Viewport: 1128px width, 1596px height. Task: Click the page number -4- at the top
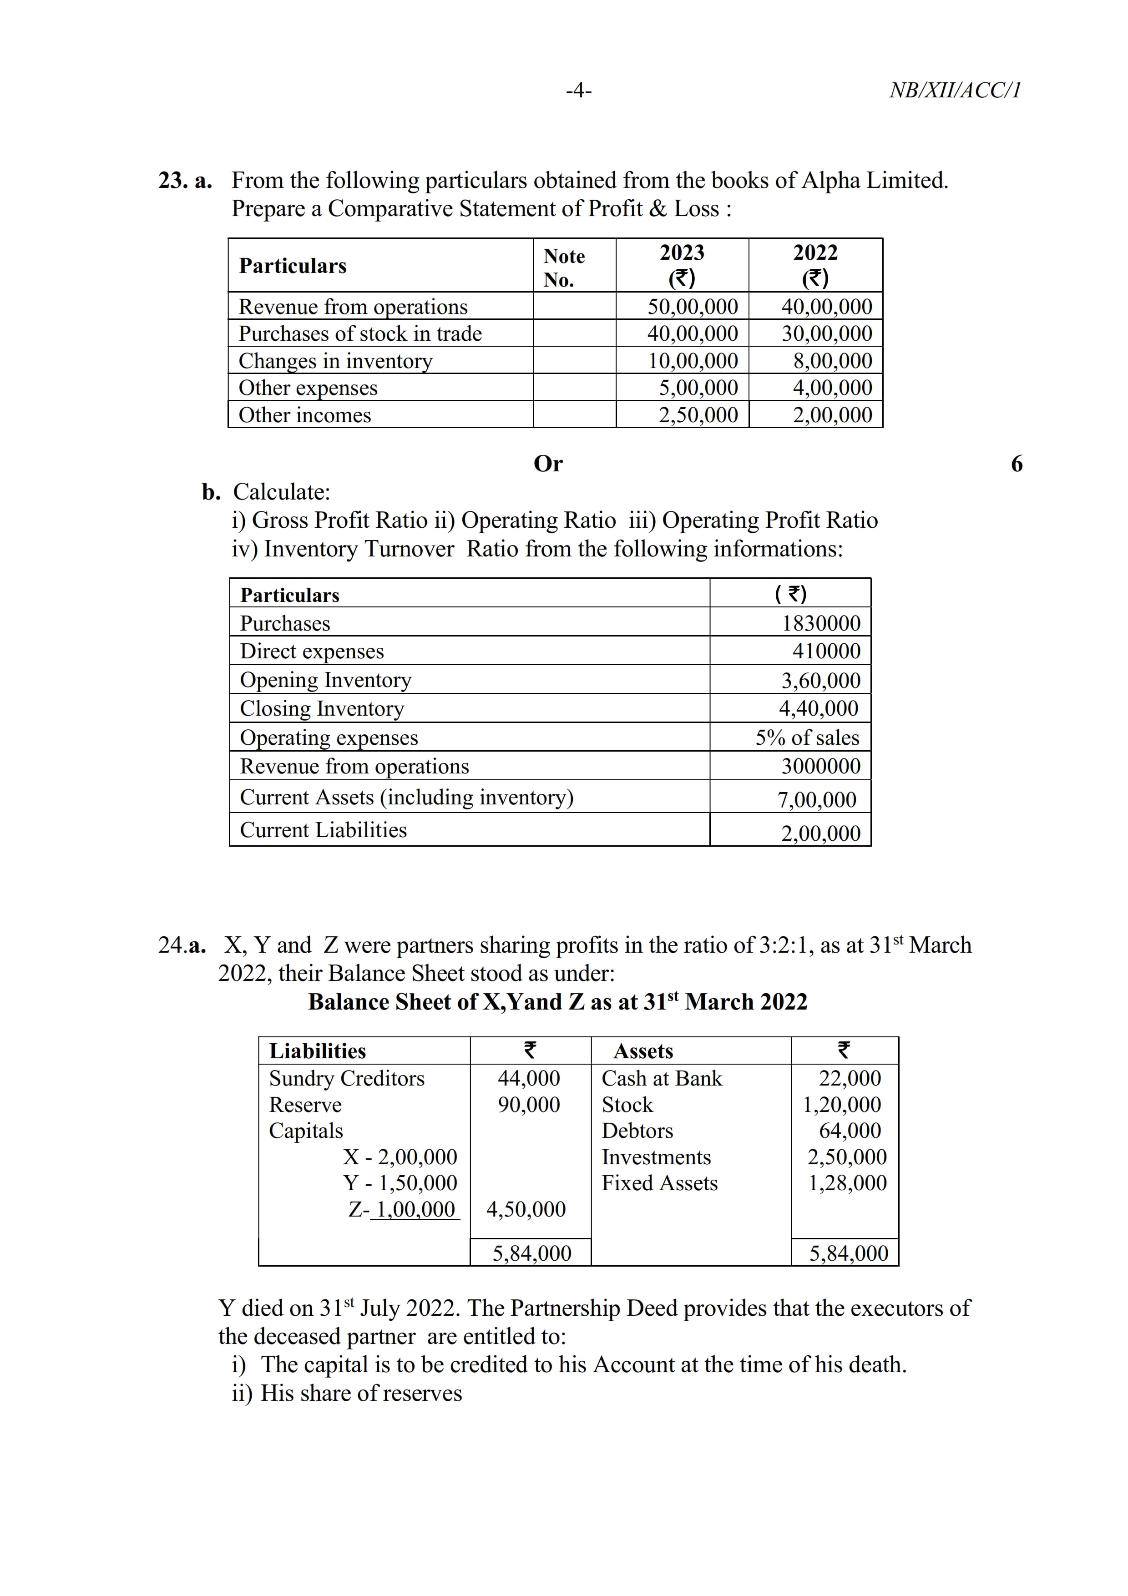[x=578, y=91]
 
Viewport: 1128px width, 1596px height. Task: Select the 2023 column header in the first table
[x=681, y=265]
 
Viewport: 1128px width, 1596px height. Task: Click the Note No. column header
[x=564, y=268]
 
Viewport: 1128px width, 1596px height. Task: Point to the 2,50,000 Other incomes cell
[x=698, y=415]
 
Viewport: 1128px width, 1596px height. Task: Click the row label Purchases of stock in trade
[x=360, y=333]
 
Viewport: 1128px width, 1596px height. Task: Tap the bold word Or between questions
[x=548, y=464]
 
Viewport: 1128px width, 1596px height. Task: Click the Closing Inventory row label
[x=322, y=708]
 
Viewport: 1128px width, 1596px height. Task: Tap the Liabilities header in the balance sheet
[x=317, y=1051]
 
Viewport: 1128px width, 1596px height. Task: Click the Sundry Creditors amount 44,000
[x=528, y=1078]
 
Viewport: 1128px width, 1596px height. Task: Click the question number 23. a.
[x=185, y=181]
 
